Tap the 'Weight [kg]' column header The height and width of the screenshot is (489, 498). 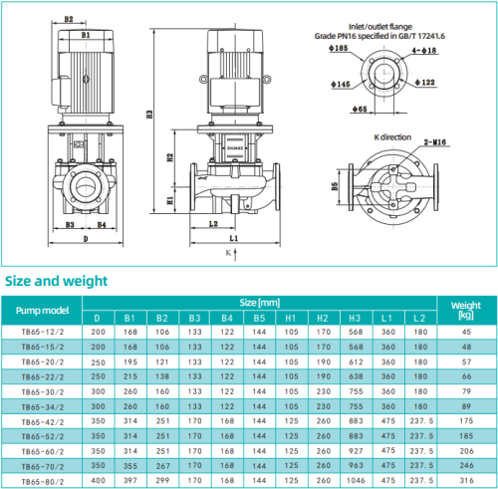pyautogui.click(x=466, y=308)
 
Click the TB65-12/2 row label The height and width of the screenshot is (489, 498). pyautogui.click(x=43, y=331)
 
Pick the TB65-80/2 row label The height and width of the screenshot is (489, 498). pyautogui.click(x=43, y=479)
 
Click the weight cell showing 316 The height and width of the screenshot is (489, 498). pyautogui.click(x=466, y=479)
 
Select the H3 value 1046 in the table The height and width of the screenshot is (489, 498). pyautogui.click(x=356, y=479)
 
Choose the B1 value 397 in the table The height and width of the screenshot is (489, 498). pyautogui.click(x=129, y=479)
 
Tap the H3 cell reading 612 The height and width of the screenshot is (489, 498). pyautogui.click(x=356, y=361)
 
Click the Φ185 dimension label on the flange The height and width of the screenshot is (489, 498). pyautogui.click(x=340, y=47)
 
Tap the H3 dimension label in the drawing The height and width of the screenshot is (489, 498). pyautogui.click(x=149, y=115)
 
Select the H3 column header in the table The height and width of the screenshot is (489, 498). pyautogui.click(x=356, y=317)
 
